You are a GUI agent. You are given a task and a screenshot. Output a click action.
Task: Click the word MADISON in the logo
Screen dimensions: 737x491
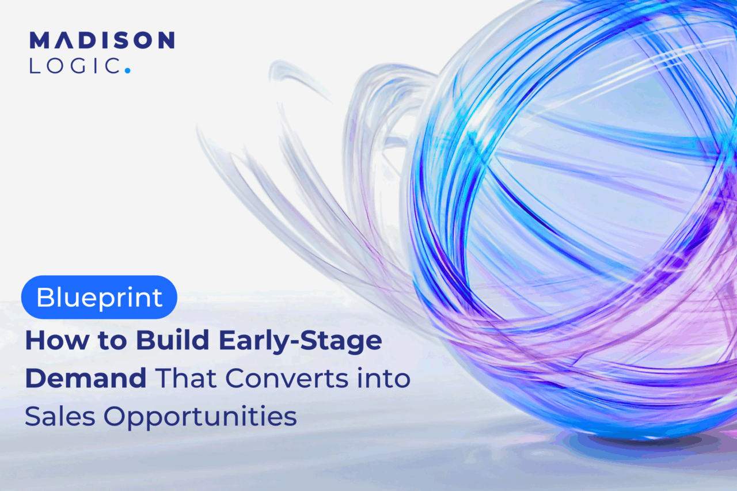tap(102, 40)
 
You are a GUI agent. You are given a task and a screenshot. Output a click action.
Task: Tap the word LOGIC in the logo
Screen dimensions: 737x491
tap(75, 66)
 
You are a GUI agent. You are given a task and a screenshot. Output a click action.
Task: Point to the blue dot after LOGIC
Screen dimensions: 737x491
tap(128, 70)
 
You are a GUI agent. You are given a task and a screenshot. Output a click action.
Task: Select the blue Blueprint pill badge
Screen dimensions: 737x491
tap(99, 297)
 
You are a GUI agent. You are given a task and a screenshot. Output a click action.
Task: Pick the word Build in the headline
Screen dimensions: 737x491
tap(173, 340)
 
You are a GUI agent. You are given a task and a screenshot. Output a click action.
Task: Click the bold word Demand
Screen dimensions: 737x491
tap(86, 378)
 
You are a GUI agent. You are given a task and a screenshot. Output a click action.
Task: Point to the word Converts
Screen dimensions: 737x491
tap(287, 379)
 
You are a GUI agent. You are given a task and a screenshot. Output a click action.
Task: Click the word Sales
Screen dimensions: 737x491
tap(60, 416)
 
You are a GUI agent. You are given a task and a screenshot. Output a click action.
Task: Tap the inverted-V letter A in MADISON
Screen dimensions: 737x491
tap(67, 40)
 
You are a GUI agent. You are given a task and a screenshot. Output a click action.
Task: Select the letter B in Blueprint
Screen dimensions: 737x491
tap(45, 297)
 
